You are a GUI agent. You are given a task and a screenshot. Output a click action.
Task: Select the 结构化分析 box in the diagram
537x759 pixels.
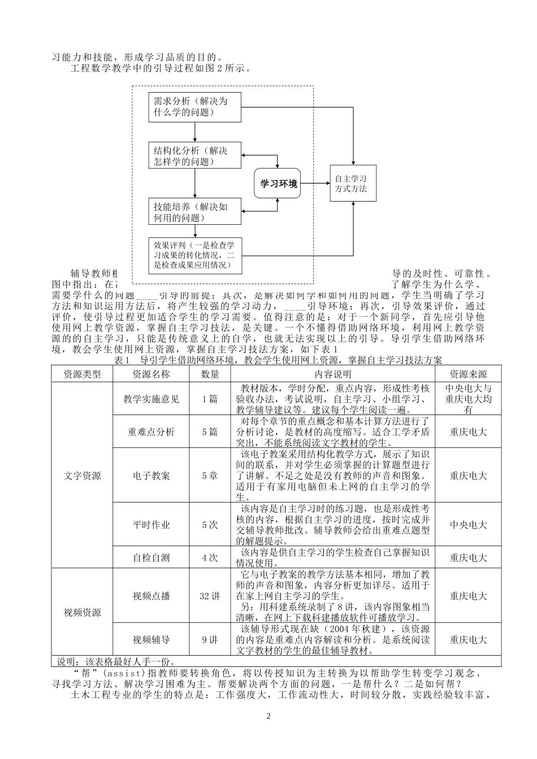[194, 156]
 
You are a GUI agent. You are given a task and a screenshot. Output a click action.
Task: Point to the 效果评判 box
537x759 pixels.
[194, 255]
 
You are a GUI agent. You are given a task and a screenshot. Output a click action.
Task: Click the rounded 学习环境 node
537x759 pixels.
[278, 183]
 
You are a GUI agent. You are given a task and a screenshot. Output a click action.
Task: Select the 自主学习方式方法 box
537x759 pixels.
[352, 183]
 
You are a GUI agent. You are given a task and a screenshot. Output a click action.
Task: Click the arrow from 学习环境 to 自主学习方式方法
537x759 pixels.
[315, 183]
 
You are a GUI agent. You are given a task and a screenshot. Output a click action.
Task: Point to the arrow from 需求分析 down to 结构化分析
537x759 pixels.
[194, 132]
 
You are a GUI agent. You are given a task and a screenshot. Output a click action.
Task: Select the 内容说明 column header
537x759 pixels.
[334, 374]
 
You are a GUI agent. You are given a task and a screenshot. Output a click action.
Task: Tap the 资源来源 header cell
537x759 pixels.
[468, 374]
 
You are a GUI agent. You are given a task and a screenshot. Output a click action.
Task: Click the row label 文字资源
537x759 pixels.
[83, 476]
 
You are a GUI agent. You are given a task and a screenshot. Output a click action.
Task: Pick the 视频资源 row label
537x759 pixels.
[83, 612]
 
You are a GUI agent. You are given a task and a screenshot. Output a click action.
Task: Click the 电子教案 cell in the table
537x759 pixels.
[151, 476]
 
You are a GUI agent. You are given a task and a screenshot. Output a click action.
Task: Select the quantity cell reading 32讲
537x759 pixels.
[210, 596]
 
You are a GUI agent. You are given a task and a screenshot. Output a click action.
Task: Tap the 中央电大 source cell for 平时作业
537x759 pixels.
[468, 525]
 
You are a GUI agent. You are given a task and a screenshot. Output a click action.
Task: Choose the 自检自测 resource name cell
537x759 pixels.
[151, 557]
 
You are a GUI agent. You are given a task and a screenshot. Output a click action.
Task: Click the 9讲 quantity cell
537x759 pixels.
[210, 640]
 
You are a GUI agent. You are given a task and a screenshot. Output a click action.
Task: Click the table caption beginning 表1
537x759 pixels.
[278, 360]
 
